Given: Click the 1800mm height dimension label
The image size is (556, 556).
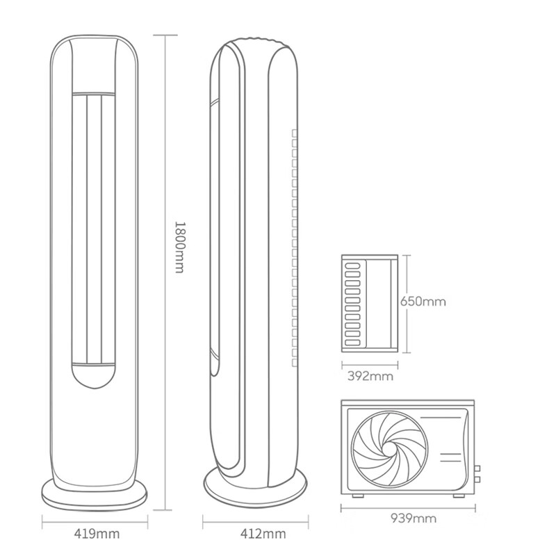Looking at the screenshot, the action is [180, 247].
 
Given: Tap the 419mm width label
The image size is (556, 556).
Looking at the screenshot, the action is [97, 533].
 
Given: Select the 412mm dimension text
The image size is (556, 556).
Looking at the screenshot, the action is [263, 533].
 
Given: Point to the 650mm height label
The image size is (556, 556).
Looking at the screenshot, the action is [423, 302].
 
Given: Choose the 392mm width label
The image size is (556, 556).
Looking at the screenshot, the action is [370, 376].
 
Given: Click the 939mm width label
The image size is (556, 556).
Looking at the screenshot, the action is [414, 518].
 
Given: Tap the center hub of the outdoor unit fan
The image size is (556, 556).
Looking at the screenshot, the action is [389, 448].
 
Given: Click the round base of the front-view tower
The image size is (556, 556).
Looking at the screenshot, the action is [95, 500].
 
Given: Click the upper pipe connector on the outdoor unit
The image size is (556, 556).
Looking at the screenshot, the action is [477, 468].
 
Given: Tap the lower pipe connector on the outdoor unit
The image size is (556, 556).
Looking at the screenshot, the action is [477, 480].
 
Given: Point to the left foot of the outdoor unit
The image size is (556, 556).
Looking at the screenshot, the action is [358, 496].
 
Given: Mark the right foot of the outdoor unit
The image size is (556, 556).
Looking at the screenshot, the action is [459, 496].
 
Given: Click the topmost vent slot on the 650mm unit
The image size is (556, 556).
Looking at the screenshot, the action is [352, 266].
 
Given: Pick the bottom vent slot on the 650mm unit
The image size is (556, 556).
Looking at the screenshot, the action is [352, 343].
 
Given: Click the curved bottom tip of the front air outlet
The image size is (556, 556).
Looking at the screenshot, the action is [95, 389].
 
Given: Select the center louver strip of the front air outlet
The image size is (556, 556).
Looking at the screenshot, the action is [95, 229].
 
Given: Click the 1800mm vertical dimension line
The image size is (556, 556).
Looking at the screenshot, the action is [165, 272].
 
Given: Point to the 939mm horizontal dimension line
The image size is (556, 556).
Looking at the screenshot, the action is [408, 508].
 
